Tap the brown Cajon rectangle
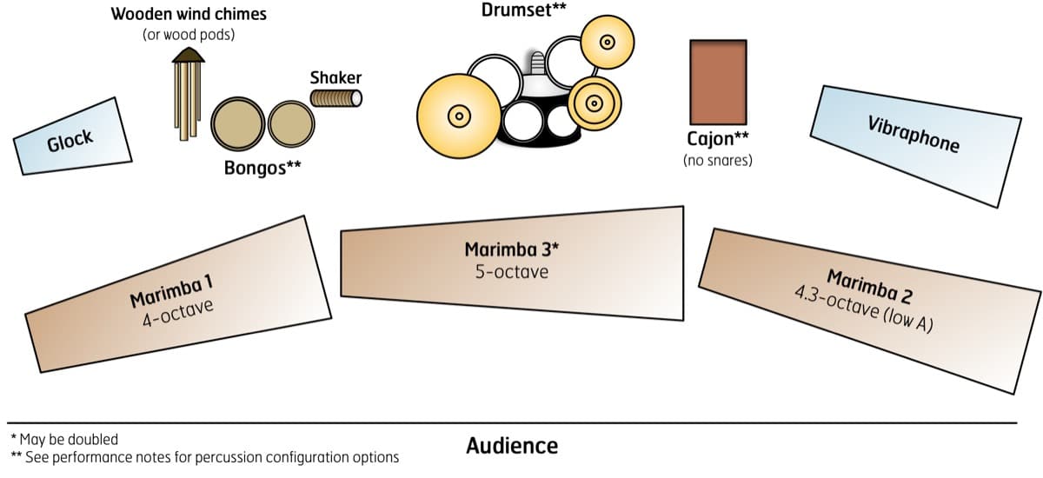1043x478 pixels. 718,82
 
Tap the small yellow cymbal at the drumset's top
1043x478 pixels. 607,42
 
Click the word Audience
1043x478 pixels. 512,446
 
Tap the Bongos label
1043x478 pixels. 262,168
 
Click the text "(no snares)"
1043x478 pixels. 718,160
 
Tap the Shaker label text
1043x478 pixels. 335,77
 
